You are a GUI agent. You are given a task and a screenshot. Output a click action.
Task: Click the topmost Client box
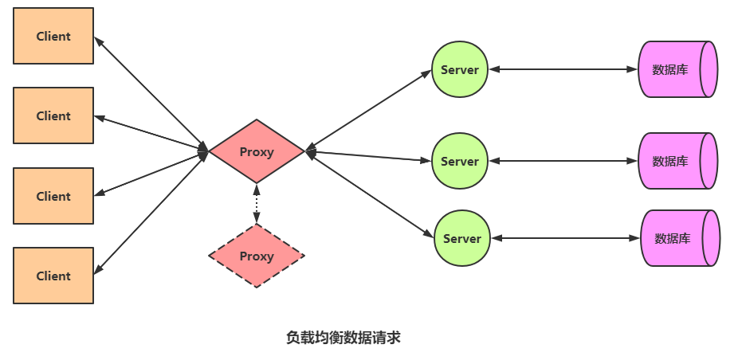pos(53,36)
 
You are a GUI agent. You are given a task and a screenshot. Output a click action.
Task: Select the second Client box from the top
pos(53,115)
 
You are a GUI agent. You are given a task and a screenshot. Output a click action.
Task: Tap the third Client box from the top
pos(53,196)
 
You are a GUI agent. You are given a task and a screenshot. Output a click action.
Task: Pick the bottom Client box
pos(53,276)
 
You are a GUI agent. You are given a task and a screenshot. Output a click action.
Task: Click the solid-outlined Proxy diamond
pos(257,151)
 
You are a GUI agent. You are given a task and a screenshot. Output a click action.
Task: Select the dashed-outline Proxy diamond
pos(257,256)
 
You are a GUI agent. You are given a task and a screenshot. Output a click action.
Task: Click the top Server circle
pos(459,69)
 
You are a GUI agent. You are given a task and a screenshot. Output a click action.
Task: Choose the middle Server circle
pos(459,161)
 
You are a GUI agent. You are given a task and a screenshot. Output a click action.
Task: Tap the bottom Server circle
pos(461,238)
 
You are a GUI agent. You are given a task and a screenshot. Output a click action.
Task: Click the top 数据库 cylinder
pos(677,69)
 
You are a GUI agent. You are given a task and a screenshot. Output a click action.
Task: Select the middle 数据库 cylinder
pos(677,161)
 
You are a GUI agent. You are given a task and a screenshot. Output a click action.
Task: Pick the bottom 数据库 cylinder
pos(680,238)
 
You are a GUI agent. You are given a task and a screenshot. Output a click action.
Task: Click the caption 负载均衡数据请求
pos(343,337)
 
